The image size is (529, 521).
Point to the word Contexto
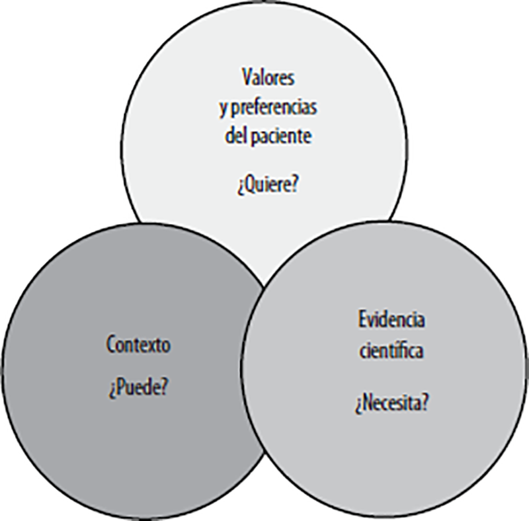[x=138, y=344]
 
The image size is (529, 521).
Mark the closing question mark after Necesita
[x=424, y=401]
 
